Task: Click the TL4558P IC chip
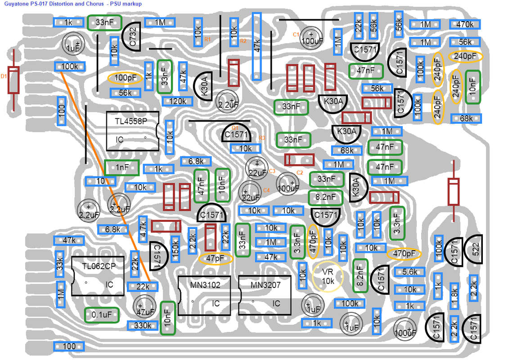point(133,131)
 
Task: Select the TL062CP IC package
point(98,276)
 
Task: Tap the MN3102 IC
point(205,295)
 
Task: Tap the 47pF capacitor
point(216,259)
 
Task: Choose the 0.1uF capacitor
point(102,315)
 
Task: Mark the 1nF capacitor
point(122,167)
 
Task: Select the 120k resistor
point(177,101)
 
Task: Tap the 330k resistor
point(143,325)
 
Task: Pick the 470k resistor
point(465,24)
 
